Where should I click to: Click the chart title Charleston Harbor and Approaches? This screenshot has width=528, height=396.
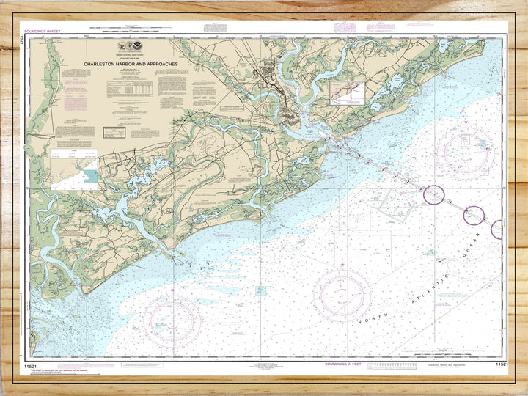[x=131, y=64]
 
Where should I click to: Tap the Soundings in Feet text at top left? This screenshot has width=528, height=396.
[x=43, y=32]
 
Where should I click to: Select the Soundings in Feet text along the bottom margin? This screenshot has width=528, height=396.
[x=343, y=364]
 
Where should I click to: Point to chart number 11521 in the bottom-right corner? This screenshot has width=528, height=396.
[x=502, y=364]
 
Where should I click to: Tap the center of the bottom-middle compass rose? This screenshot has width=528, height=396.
[x=342, y=295]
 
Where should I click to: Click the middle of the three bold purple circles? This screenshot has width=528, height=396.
[x=474, y=215]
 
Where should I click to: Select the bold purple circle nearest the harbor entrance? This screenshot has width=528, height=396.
[x=434, y=195]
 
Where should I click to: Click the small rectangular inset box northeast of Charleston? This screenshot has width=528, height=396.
[x=347, y=93]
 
